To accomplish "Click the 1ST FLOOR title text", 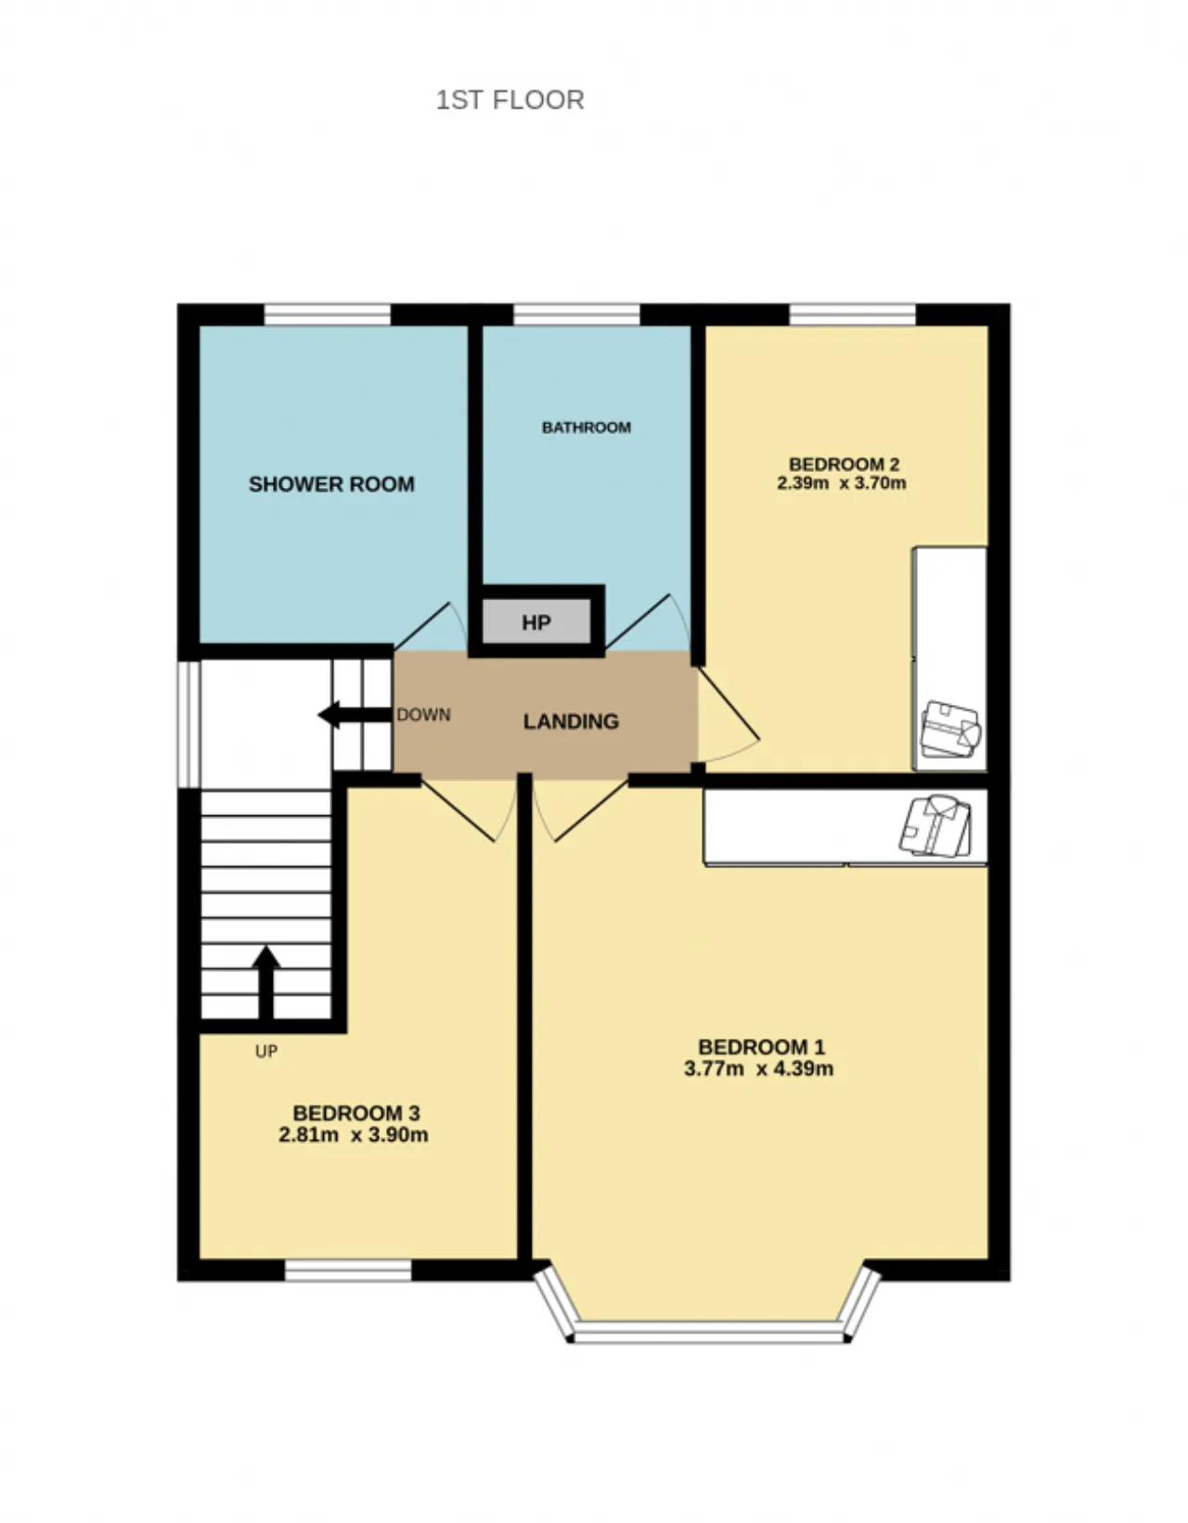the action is point(510,100).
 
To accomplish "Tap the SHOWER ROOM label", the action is point(331,484).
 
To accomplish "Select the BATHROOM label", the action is point(587,428).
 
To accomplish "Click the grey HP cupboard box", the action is point(536,621).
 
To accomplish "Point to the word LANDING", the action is point(571,722).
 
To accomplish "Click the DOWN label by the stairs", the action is point(423,715).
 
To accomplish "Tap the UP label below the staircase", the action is point(266,1051).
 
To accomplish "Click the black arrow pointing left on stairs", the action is point(355,715).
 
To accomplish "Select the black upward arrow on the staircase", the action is point(265,982).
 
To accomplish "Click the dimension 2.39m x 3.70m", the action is point(842,483).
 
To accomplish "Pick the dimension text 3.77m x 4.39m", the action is point(759,1069).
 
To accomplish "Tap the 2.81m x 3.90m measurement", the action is point(354,1134).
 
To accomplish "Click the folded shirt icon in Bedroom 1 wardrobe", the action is point(936,825).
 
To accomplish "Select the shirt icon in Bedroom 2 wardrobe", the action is point(950,730).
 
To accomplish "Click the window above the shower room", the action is point(327,314).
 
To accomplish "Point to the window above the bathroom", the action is point(576,314).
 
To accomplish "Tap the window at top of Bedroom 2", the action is point(853,314).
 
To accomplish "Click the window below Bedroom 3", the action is point(348,1271).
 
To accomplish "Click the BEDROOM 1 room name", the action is point(762,1047).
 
